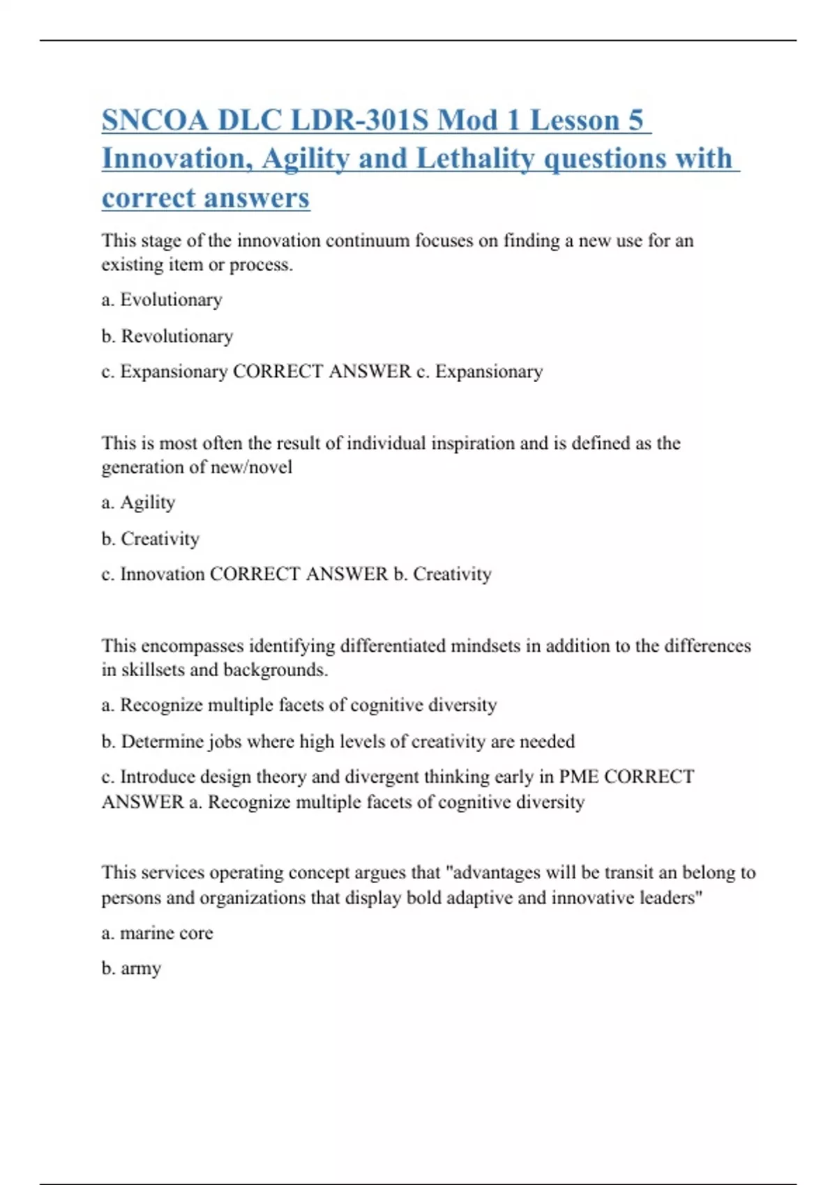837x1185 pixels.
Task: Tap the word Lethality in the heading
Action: tap(475, 158)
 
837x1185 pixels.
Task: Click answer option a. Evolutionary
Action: tap(162, 300)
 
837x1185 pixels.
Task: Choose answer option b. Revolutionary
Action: tap(167, 336)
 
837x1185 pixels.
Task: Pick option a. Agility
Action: tap(138, 503)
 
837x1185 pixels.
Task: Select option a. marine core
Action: tap(157, 933)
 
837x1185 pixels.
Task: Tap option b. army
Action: tap(131, 968)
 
